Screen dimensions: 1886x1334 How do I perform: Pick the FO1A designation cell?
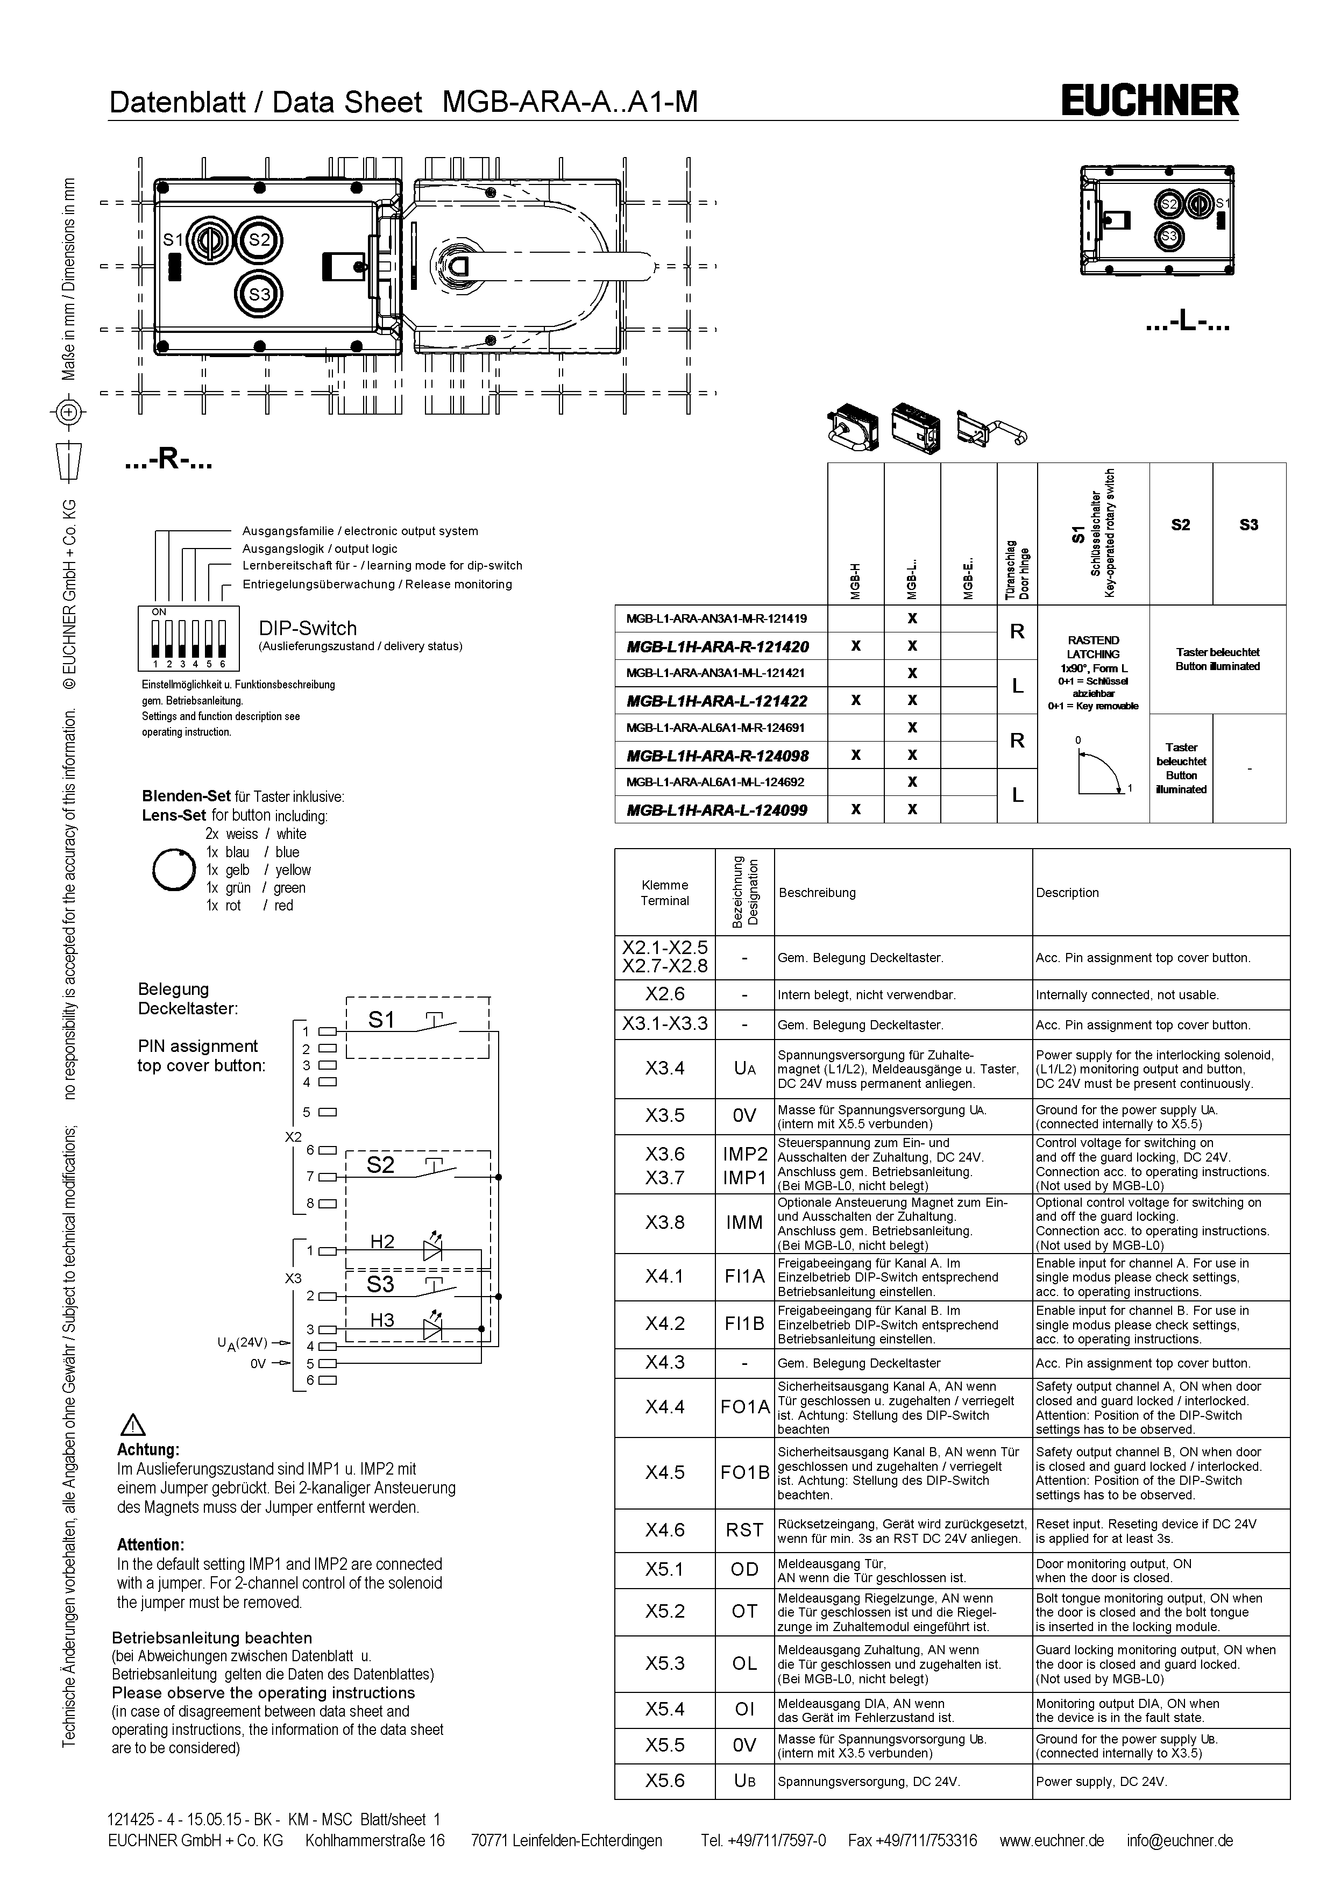pos(744,1407)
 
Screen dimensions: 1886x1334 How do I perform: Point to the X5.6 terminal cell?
pos(664,1780)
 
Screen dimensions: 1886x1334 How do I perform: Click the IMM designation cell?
pos(744,1222)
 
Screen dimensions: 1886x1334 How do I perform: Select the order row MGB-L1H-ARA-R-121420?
pos(717,646)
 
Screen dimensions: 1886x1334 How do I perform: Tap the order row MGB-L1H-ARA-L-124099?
pos(717,810)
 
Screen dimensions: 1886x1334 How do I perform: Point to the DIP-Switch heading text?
pos(308,628)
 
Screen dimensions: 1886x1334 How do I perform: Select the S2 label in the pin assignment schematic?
pos(380,1165)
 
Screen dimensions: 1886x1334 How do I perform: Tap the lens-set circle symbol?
pos(174,870)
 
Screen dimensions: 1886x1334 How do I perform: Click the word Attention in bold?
pos(150,1545)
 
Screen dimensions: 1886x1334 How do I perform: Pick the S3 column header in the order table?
pos(1248,525)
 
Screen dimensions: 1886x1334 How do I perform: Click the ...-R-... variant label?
pos(168,461)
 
